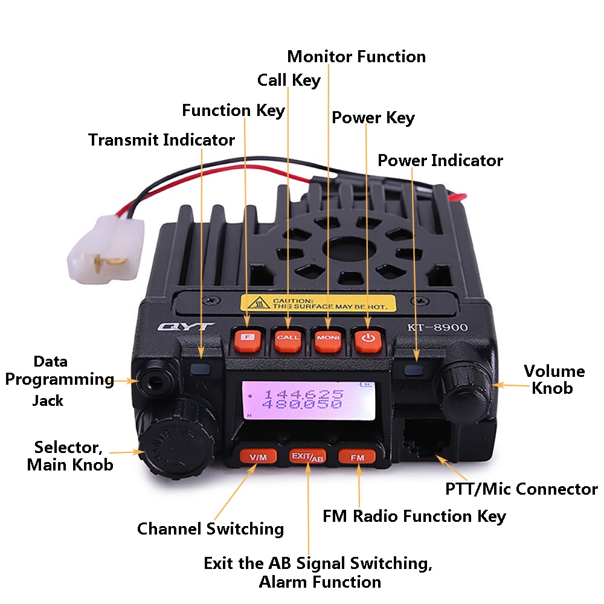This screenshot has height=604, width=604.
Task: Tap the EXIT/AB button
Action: click(x=307, y=457)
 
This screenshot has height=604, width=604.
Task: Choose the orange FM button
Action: click(x=357, y=457)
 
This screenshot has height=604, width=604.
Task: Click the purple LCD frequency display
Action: click(x=308, y=400)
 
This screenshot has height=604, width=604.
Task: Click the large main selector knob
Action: click(x=175, y=447)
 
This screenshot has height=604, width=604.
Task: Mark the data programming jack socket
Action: click(x=155, y=381)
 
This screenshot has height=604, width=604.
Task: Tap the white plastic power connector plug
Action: click(x=106, y=249)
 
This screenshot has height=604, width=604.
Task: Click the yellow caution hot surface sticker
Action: click(x=318, y=303)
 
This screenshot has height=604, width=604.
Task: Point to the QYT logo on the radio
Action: click(x=185, y=327)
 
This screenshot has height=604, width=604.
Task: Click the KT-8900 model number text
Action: click(x=437, y=327)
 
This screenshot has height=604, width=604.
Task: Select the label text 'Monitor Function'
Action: click(x=356, y=57)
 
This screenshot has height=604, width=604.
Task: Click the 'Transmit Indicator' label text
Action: click(x=161, y=140)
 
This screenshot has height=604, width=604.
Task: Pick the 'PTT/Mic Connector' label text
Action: click(x=522, y=489)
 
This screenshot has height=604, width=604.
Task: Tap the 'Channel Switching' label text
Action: click(x=211, y=528)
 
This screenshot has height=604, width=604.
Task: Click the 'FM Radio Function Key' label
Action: click(x=414, y=516)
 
